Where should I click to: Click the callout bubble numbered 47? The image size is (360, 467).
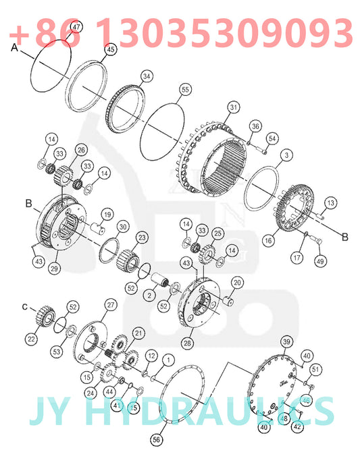(76, 27)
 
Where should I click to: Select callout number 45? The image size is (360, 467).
(111, 49)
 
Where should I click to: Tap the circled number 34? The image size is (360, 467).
(147, 76)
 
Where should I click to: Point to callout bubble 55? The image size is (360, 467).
(185, 89)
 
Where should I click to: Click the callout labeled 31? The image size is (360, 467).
(234, 107)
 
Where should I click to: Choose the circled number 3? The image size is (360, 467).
(286, 155)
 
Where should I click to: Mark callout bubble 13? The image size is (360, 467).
(331, 203)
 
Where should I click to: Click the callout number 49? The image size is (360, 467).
(320, 261)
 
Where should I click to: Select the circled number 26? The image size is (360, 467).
(81, 150)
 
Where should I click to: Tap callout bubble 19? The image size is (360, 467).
(107, 215)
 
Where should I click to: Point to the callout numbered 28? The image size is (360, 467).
(187, 343)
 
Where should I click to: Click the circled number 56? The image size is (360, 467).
(157, 439)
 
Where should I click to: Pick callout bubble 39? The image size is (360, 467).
(286, 341)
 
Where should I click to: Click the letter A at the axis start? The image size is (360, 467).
(14, 47)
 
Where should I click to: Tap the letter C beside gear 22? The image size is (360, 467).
(25, 306)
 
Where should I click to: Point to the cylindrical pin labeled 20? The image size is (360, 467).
(227, 300)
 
